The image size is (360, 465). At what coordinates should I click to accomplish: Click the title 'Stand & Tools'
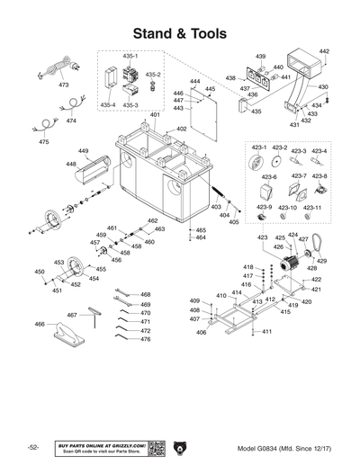(179, 33)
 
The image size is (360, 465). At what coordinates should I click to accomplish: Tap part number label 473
(63, 85)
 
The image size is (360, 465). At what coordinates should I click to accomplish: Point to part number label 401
(155, 115)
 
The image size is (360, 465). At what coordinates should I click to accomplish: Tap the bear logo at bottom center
(180, 447)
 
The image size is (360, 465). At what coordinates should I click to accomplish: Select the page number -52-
(33, 447)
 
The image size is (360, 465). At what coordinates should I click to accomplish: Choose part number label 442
(324, 52)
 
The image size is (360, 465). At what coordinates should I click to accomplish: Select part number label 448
(70, 165)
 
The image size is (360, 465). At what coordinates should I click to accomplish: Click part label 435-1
(130, 56)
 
